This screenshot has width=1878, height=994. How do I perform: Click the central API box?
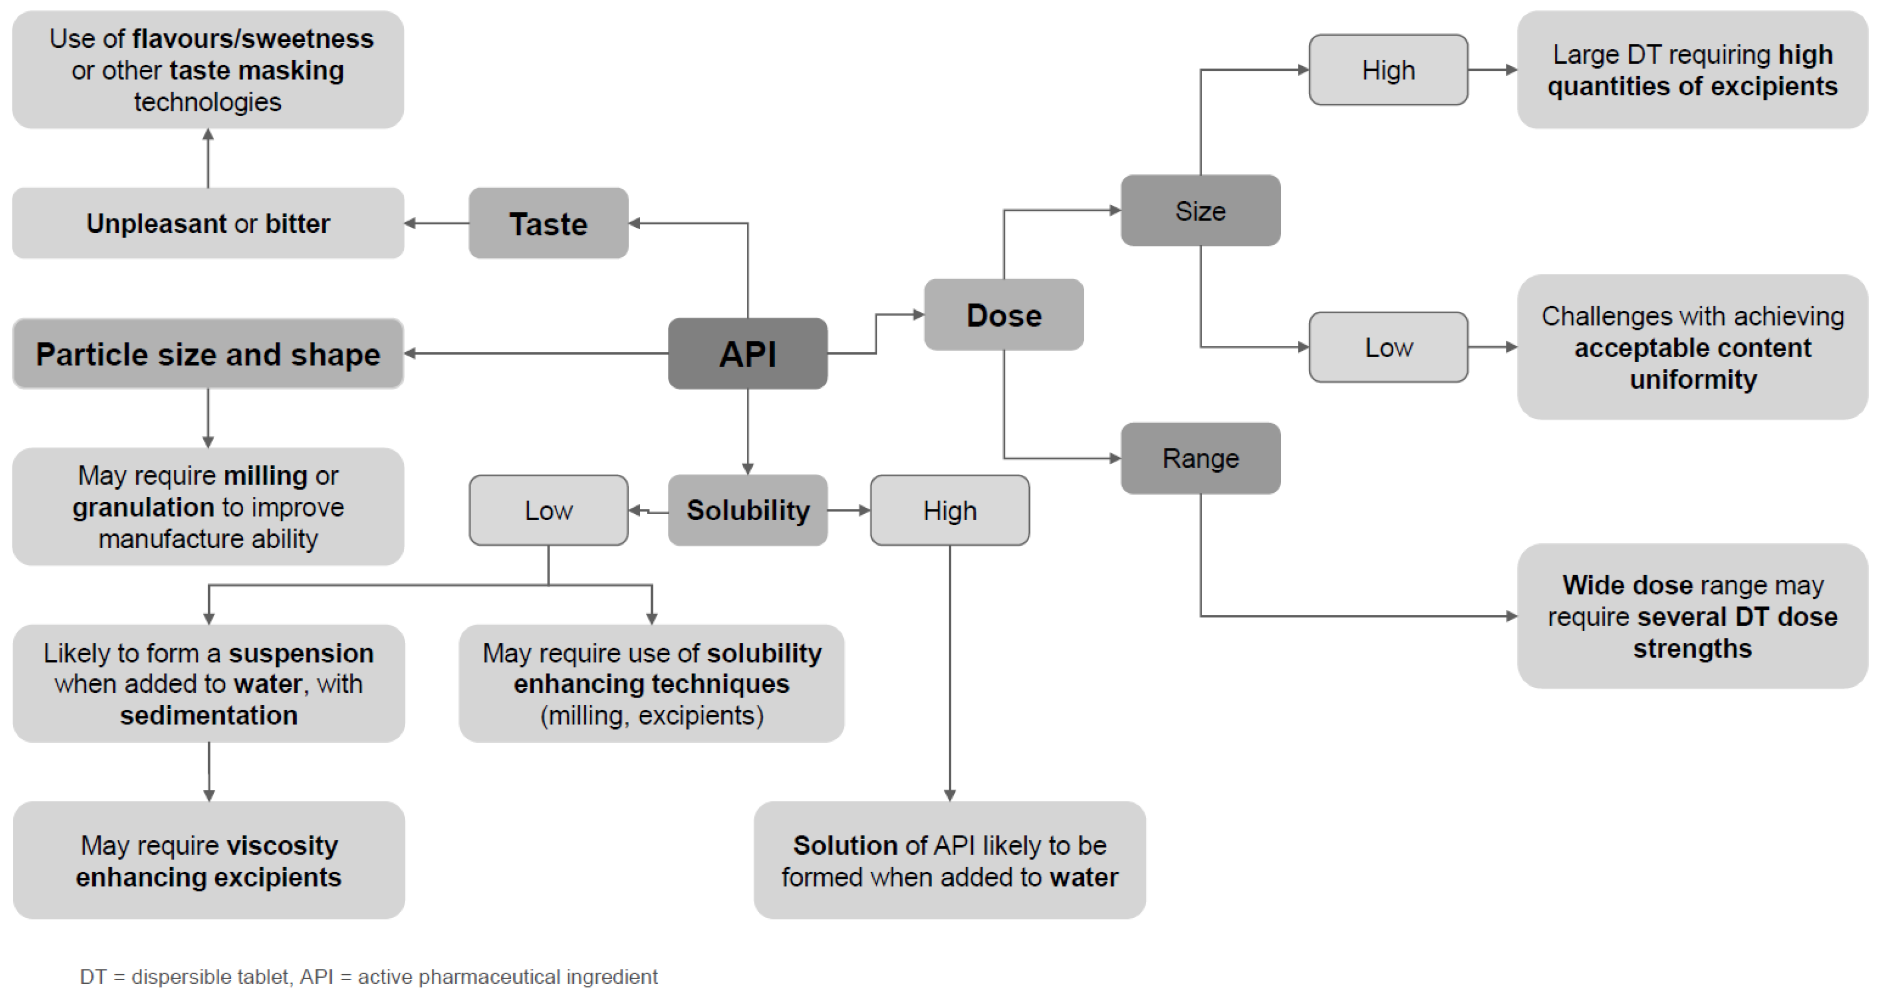[x=747, y=354]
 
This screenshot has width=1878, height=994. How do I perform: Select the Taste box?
[x=548, y=224]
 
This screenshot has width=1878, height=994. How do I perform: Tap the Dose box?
[x=1003, y=315]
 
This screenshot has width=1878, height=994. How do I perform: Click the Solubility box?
[x=747, y=510]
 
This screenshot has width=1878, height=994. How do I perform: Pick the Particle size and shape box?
[x=208, y=354]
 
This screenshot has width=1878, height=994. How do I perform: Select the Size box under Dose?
[x=1200, y=210]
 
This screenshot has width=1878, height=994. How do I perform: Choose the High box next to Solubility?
[x=949, y=510]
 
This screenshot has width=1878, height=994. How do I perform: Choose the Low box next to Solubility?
[x=548, y=510]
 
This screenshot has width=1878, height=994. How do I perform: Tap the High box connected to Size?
[x=1388, y=70]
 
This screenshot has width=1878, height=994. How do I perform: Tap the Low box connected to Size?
[x=1388, y=347]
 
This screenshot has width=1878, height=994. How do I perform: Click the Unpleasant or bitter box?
[x=208, y=224]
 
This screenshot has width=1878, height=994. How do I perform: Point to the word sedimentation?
[x=208, y=716]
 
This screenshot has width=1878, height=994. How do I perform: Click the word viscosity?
[x=282, y=845]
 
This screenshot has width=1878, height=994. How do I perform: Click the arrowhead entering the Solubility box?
[x=747, y=469]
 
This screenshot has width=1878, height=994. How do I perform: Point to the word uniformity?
[x=1693, y=380]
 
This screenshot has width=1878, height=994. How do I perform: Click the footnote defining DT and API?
[x=368, y=977]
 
